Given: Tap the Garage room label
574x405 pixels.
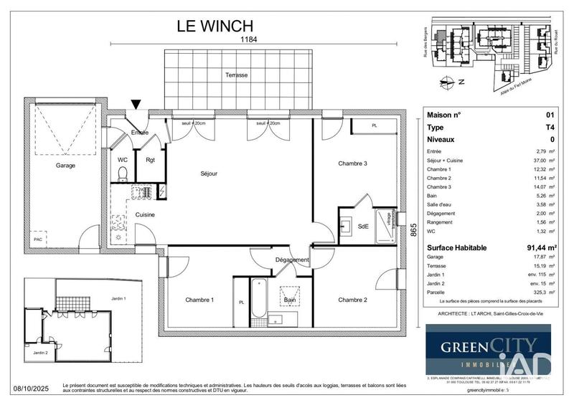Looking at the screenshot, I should point(66,166).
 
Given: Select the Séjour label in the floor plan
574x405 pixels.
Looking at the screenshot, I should point(209,173).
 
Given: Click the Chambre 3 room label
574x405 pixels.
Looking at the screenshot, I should point(352,163).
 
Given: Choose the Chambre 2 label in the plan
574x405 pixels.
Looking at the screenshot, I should point(352,300).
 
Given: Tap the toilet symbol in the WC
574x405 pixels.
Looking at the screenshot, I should point(123,174).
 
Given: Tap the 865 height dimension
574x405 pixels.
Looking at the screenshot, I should point(413,232).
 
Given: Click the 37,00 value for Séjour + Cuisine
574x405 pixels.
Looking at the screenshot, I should point(540,162).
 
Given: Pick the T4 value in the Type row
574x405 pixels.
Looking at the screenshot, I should point(550,127).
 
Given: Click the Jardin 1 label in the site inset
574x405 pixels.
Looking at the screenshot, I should point(118,298).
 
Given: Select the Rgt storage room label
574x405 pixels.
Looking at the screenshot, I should point(151,160).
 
